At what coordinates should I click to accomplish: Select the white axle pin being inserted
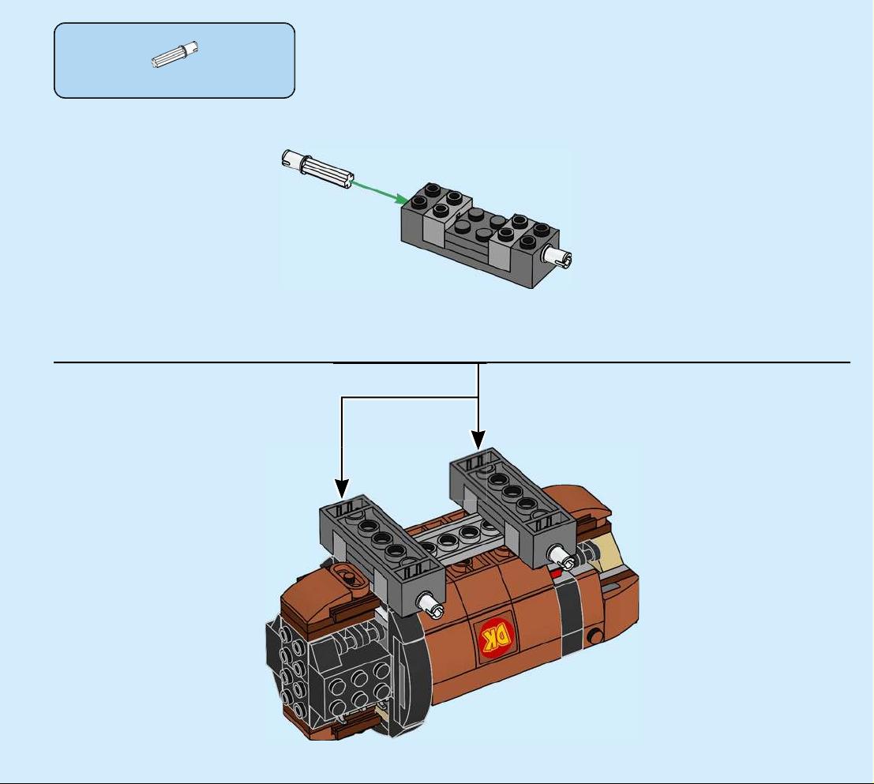coord(317,169)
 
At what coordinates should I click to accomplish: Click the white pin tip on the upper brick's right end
coord(558,257)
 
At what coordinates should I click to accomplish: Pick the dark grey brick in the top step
coord(479,235)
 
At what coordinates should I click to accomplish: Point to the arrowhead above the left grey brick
coord(342,488)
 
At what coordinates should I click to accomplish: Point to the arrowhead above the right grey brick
coord(478,440)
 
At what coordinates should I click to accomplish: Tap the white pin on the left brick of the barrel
coord(431,605)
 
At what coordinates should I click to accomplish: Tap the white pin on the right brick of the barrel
coord(561,557)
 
